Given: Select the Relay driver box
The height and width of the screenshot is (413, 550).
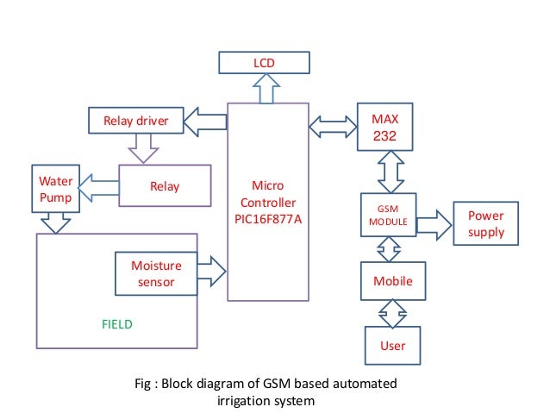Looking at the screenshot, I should (x=136, y=120).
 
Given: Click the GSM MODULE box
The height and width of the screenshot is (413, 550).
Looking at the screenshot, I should (x=387, y=216).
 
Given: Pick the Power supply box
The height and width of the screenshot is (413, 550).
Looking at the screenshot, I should (x=485, y=224).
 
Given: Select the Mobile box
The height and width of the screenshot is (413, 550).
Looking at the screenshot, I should (x=392, y=280).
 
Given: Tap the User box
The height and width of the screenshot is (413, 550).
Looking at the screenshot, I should (x=392, y=345).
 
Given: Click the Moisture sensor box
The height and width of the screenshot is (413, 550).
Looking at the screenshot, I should (x=156, y=273).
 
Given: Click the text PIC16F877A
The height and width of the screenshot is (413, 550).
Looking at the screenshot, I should (x=267, y=218).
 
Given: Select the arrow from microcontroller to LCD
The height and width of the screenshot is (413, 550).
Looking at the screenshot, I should (x=266, y=88).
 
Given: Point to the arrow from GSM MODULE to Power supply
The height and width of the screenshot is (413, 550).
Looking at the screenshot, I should (x=434, y=224).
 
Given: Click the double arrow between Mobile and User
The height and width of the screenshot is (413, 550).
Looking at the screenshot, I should (x=392, y=312).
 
